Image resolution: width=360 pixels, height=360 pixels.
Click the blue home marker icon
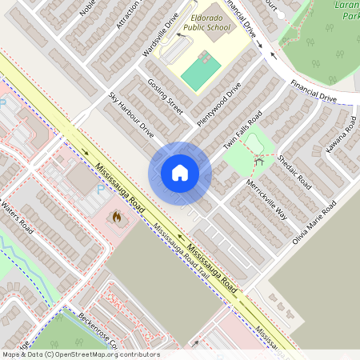(179, 173)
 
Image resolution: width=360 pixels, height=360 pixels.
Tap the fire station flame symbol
(117, 217)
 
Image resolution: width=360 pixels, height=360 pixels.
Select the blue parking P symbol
(100, 190)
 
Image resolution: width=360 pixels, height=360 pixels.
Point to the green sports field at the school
(200, 71)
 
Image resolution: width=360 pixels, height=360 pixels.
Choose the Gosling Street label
(165, 97)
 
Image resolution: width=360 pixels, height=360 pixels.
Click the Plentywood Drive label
(218, 103)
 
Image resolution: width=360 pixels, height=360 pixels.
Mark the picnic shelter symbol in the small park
(258, 162)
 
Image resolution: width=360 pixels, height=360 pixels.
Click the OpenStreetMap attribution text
(80, 354)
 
